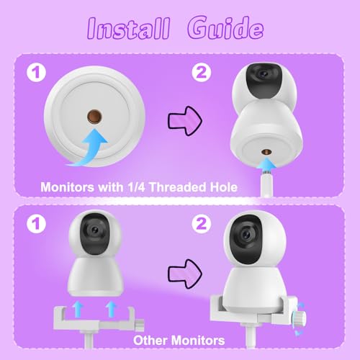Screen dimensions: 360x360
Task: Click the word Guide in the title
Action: tap(223, 28)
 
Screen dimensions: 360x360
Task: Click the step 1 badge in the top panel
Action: tap(34, 72)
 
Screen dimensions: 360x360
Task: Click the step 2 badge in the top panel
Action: tap(204, 72)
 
